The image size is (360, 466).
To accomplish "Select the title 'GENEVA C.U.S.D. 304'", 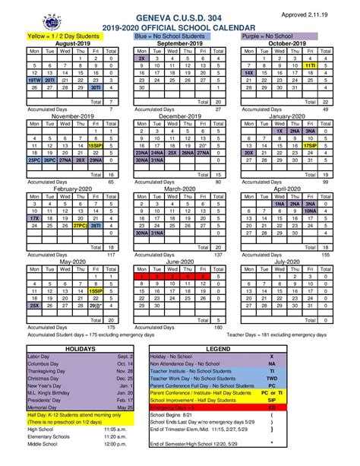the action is pos(180,17).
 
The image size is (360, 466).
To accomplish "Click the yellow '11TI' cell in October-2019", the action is pos(310,66).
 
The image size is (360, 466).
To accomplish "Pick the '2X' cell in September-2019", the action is pos(142,58).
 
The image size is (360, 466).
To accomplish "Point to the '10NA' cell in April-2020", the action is pos(310,210).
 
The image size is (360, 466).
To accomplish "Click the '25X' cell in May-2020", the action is pos(34,306).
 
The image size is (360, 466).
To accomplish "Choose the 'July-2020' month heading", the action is pos(287,261).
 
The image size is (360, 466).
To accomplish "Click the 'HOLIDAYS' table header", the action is pos(81,347).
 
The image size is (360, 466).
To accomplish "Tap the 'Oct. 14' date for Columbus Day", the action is pos(126,363).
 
